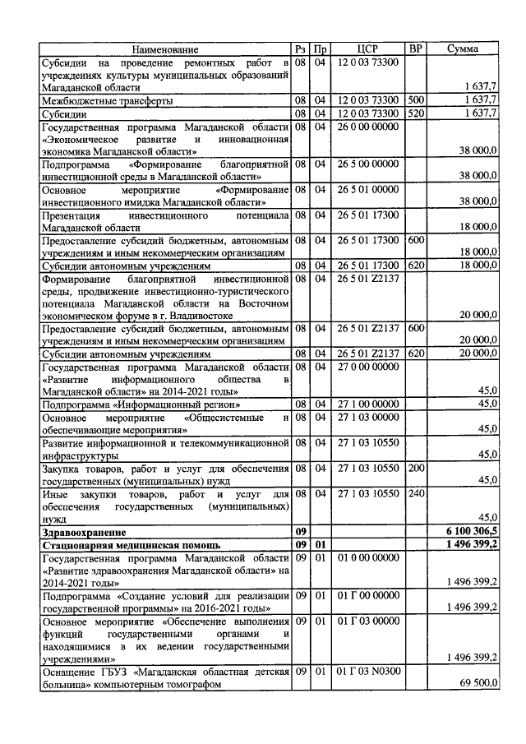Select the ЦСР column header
pos(367,49)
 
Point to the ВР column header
pos(416,49)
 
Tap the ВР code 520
pos(415,113)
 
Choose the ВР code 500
pos(415,100)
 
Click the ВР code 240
pos(415,494)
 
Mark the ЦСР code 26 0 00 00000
pos(367,127)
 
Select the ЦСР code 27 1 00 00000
pos(367,404)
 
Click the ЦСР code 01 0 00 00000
pos(367,557)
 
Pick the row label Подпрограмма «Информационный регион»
pos(141,404)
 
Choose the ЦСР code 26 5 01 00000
pos(367,190)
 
